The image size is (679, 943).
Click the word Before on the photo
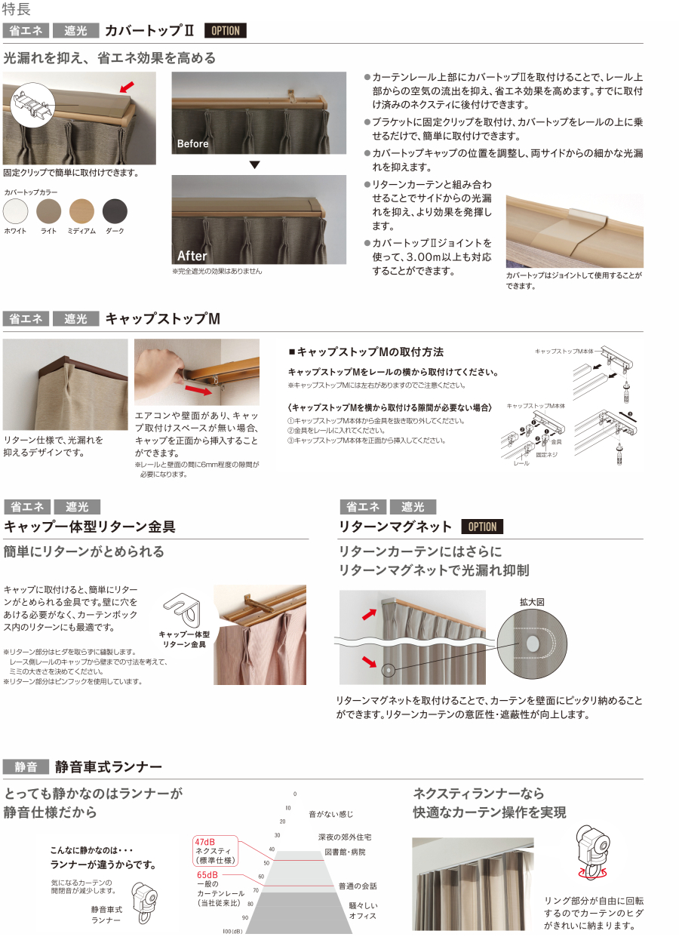click(x=193, y=143)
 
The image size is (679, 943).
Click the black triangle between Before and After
click(x=255, y=164)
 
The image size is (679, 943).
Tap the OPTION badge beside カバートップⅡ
click(x=225, y=31)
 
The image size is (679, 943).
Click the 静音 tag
click(x=26, y=767)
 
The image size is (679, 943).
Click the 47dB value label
click(x=204, y=841)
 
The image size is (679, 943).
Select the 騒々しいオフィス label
click(x=362, y=910)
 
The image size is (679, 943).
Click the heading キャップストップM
click(x=162, y=319)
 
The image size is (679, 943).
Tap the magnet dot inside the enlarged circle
click(x=533, y=644)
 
